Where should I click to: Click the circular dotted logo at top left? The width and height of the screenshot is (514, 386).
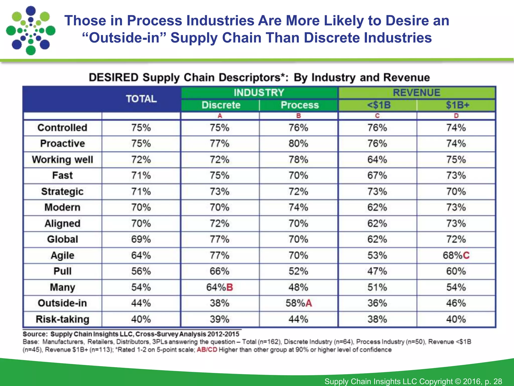(x=31, y=30)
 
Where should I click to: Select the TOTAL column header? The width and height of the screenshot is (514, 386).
(x=141, y=99)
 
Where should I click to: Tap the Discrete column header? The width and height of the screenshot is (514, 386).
(x=221, y=105)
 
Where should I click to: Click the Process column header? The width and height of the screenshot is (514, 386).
(x=300, y=105)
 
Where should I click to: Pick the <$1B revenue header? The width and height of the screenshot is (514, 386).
(x=379, y=105)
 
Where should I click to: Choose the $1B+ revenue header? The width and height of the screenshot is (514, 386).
(x=458, y=105)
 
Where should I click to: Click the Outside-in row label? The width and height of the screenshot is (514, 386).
(x=62, y=303)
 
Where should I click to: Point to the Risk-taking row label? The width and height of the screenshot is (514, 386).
(x=62, y=319)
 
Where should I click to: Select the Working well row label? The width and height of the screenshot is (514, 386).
(x=62, y=160)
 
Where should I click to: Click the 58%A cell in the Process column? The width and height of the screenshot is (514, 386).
(x=299, y=303)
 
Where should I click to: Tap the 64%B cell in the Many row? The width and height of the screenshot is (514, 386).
(x=220, y=287)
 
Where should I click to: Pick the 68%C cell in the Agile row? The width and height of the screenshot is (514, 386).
(x=456, y=255)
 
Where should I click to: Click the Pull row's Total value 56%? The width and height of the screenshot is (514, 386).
(x=141, y=271)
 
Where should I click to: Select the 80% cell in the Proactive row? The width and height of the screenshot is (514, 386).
(x=298, y=143)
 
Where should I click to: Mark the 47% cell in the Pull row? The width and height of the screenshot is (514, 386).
(x=377, y=271)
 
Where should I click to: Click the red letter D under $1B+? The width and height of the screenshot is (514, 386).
(x=456, y=116)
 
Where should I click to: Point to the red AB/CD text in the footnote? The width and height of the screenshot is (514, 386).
(x=207, y=350)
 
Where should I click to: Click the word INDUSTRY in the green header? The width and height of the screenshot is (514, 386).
(x=259, y=93)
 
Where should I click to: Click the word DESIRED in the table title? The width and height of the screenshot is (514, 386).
(x=113, y=77)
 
